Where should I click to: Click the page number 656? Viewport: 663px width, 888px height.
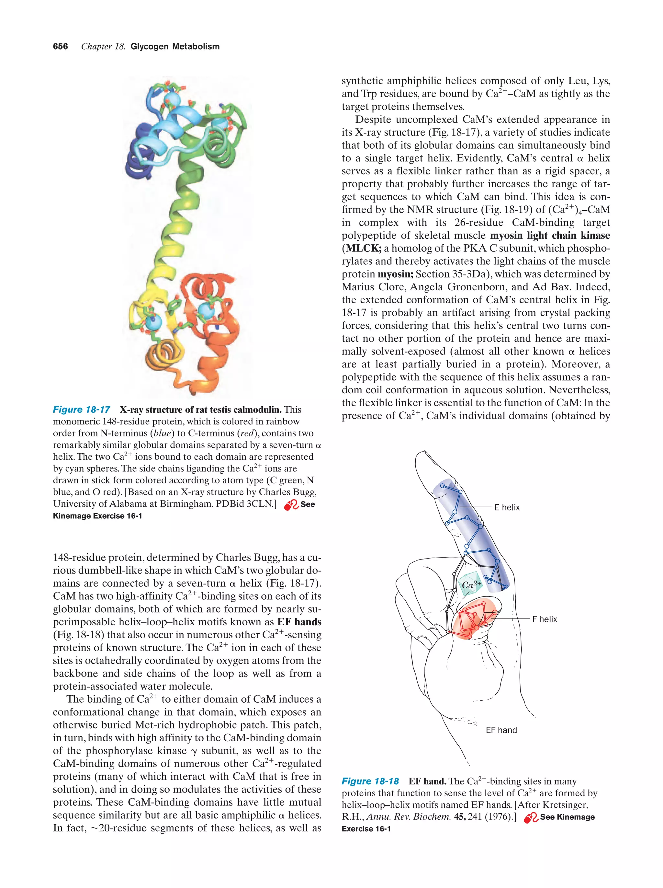pyautogui.click(x=60, y=47)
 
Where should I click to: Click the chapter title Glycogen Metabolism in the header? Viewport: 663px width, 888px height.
pyautogui.click(x=175, y=47)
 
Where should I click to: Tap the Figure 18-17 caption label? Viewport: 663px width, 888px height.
pyautogui.click(x=82, y=409)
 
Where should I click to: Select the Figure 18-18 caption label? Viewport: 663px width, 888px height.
pyautogui.click(x=370, y=781)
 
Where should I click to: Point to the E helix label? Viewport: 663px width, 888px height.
pyautogui.click(x=507, y=507)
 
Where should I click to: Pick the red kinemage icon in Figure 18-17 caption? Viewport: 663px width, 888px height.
pyautogui.click(x=291, y=505)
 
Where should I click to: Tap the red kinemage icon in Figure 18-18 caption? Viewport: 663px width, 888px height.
pyautogui.click(x=531, y=817)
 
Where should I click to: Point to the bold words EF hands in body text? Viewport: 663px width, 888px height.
pyautogui.click(x=299, y=622)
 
